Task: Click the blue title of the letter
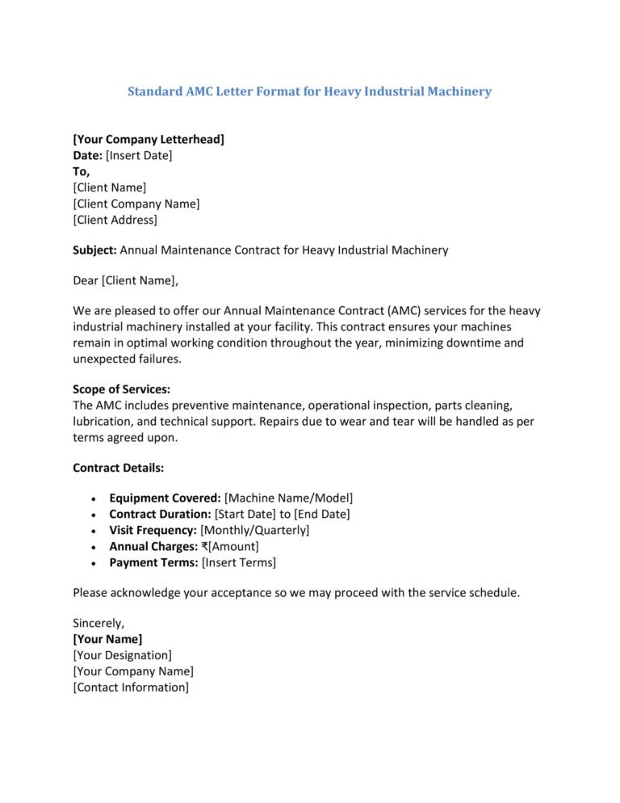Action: (x=309, y=92)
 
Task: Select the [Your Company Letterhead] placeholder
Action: (x=149, y=140)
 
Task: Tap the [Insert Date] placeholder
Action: (x=139, y=155)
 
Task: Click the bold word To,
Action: (x=82, y=171)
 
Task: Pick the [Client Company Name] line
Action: (x=136, y=204)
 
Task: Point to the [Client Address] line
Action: (x=115, y=220)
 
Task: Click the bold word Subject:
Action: (x=94, y=250)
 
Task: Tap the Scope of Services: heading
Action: (x=121, y=389)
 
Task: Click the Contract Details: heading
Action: (x=119, y=468)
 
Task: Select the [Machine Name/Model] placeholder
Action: (x=288, y=498)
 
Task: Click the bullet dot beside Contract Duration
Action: (x=96, y=515)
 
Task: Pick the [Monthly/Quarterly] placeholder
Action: (x=254, y=530)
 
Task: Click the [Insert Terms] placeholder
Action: (x=238, y=562)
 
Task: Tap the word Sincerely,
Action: (x=98, y=624)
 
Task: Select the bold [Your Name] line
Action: (x=107, y=639)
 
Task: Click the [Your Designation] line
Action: (x=122, y=655)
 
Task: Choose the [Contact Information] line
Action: (x=131, y=687)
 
